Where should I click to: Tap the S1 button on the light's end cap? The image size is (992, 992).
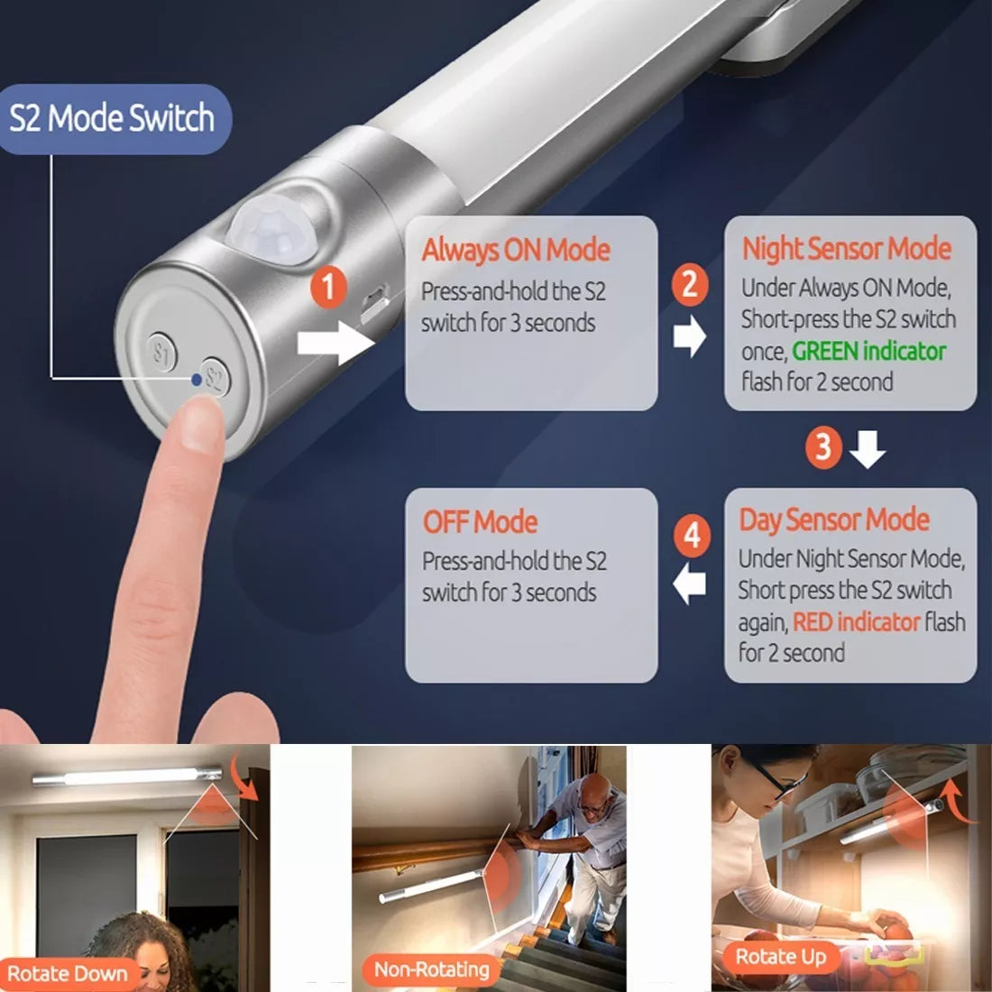(162, 352)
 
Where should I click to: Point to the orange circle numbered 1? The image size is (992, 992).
(328, 287)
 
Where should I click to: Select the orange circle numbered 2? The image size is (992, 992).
(690, 284)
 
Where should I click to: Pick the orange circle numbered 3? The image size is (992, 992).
(823, 447)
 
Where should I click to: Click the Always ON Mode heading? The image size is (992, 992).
(516, 250)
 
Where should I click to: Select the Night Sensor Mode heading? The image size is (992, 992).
(847, 248)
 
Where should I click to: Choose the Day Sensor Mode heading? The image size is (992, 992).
(834, 520)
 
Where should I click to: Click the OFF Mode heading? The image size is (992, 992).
(480, 522)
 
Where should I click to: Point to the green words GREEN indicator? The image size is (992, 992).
(869, 351)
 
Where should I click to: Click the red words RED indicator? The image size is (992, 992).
(856, 622)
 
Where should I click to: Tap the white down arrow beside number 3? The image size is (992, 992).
(867, 449)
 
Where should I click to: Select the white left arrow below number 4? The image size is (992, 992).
(690, 584)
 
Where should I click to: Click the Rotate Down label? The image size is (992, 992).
(67, 973)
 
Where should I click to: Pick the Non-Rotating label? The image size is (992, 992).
(432, 969)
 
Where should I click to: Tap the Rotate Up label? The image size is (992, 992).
(781, 957)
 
